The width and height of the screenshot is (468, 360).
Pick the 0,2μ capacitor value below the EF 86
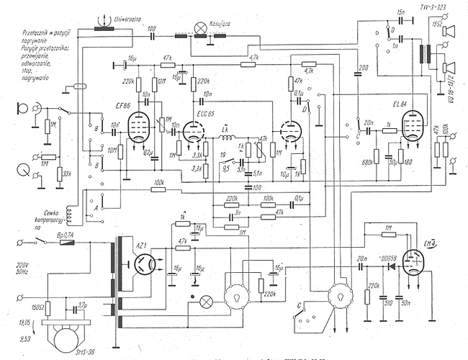click(149, 153)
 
